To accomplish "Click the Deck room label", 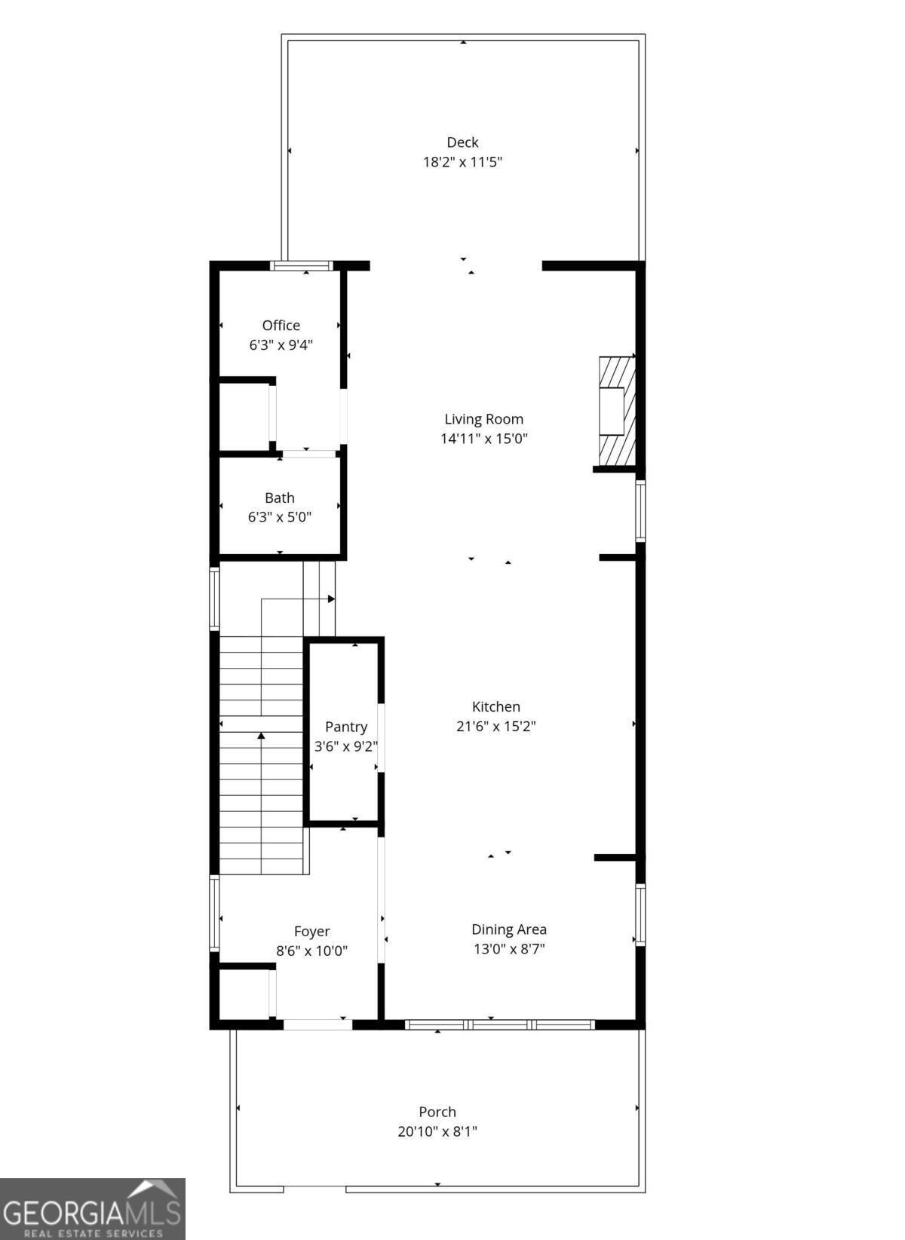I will [x=462, y=142].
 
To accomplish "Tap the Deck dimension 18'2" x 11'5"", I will [x=462, y=161].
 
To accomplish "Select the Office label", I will [x=281, y=325].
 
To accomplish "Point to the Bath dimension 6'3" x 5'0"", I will [x=279, y=517].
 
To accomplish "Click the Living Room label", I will [x=483, y=419].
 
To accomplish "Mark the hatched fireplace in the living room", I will [x=616, y=411].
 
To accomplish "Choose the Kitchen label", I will [x=495, y=706].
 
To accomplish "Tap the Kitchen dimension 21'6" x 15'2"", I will [x=495, y=726].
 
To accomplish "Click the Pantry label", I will [x=346, y=727].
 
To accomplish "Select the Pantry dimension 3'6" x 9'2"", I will [x=346, y=746].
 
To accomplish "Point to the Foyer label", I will [x=311, y=931].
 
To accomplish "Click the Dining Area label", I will [x=509, y=929].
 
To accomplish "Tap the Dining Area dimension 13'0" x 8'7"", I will [x=509, y=949].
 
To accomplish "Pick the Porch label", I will [x=437, y=1112].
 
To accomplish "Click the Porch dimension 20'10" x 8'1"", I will [x=437, y=1131].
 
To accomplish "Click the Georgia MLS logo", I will [x=92, y=1208].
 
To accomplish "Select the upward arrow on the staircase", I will [x=261, y=736].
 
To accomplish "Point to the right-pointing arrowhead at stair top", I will [x=331, y=599].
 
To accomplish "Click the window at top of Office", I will [x=302, y=265].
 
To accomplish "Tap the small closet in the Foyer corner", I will [x=244, y=994].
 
